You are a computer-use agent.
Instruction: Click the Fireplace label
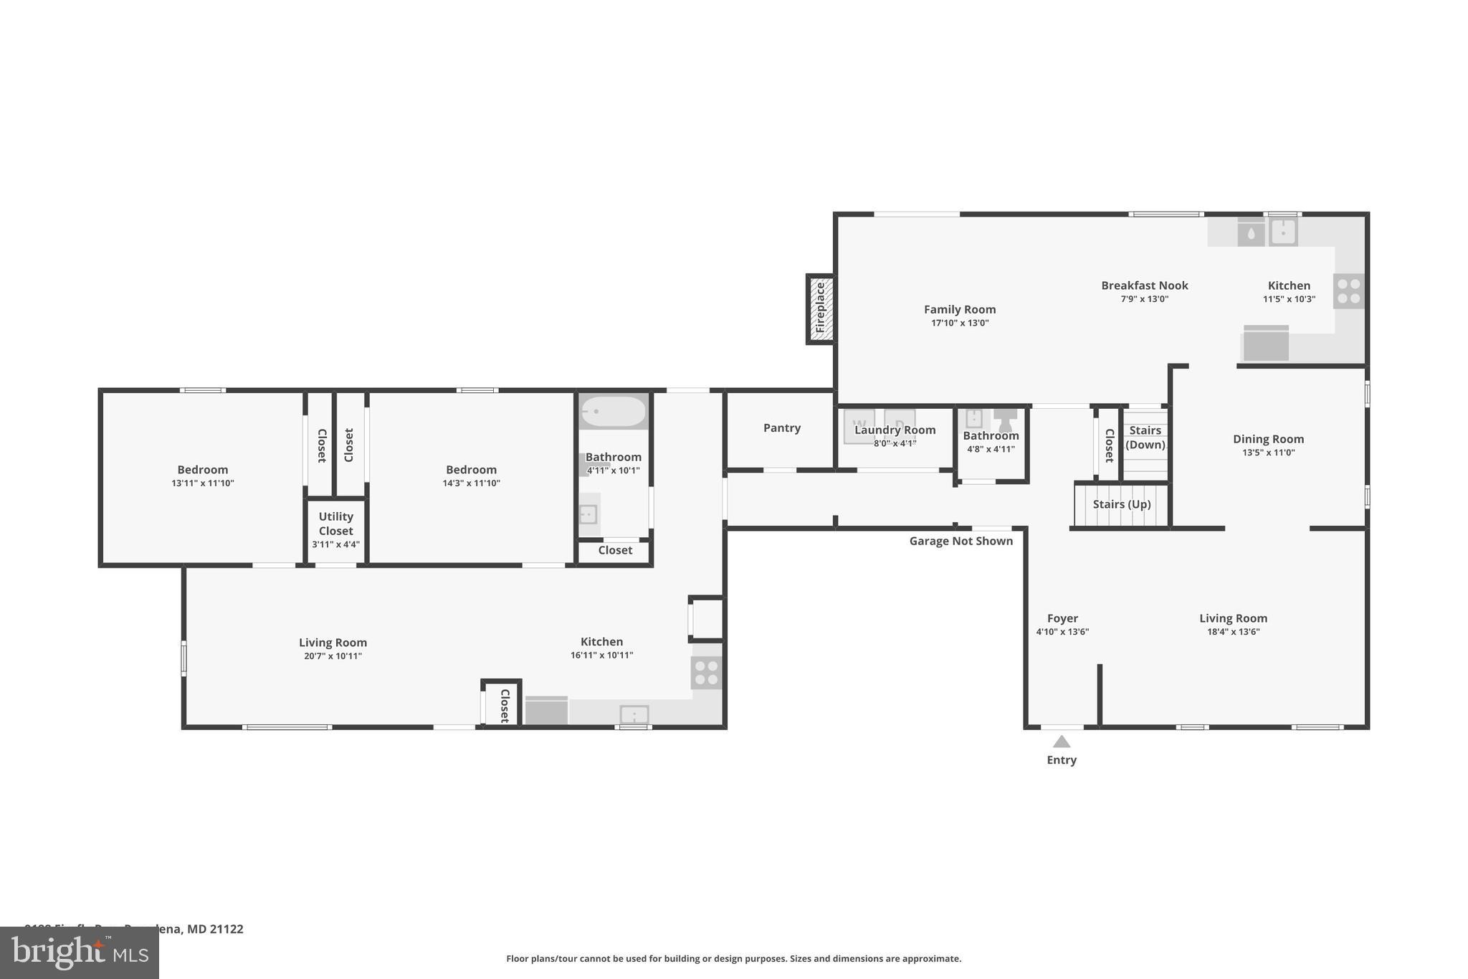point(821,308)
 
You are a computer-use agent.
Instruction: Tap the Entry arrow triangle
point(1062,742)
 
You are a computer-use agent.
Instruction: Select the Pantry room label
point(781,428)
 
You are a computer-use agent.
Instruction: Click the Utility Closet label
point(335,524)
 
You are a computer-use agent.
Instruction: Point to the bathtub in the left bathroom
point(613,412)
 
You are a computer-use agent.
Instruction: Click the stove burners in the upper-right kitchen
point(1348,291)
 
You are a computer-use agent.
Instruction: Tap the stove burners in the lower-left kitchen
point(706,673)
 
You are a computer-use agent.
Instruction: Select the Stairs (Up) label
point(1122,504)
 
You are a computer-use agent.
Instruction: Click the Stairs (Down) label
point(1145,437)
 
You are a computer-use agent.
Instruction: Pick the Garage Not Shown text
point(961,541)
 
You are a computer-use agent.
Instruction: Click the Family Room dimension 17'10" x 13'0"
point(960,323)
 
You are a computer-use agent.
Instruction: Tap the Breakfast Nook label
point(1145,285)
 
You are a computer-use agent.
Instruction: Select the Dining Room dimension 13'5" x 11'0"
point(1268,453)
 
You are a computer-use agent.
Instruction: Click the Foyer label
point(1062,618)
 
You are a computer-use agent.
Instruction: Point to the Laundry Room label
point(895,430)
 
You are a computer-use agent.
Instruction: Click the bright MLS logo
point(80,952)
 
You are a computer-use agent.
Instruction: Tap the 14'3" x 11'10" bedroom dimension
point(471,483)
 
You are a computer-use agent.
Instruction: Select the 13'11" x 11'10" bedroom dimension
point(203,483)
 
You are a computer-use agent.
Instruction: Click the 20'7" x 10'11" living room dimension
point(333,656)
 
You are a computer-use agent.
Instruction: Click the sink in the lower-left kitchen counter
point(634,715)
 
